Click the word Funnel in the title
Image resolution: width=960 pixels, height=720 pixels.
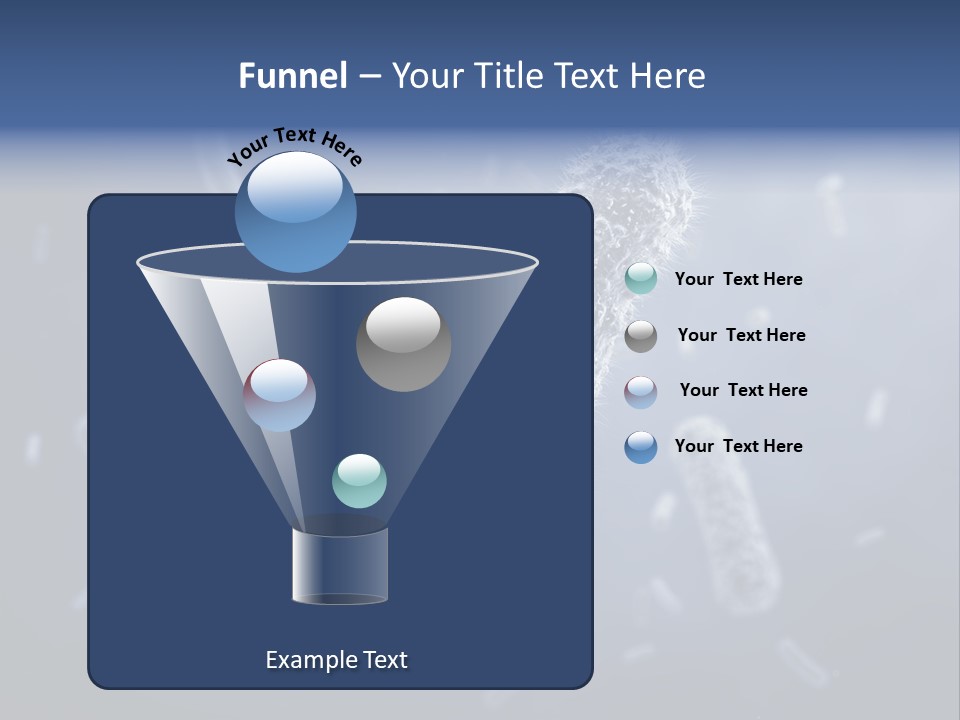pyautogui.click(x=293, y=76)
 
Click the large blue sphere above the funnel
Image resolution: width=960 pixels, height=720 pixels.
pyautogui.click(x=295, y=213)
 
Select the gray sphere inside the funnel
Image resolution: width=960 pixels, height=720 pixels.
pyautogui.click(x=403, y=345)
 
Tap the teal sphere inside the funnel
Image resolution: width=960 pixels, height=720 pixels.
pyautogui.click(x=359, y=481)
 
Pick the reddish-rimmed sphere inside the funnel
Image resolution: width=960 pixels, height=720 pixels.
pyautogui.click(x=279, y=395)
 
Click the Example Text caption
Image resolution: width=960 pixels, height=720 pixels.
pyautogui.click(x=336, y=660)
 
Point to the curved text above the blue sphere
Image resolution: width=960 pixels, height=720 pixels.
pyautogui.click(x=294, y=145)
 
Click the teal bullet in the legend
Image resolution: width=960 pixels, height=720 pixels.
pyautogui.click(x=640, y=279)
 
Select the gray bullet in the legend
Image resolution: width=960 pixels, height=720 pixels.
pyautogui.click(x=640, y=336)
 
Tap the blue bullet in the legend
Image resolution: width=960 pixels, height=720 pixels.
pyautogui.click(x=640, y=447)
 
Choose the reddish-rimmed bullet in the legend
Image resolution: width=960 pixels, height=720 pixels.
pyautogui.click(x=640, y=391)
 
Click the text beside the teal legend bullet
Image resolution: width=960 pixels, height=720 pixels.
pyautogui.click(x=738, y=280)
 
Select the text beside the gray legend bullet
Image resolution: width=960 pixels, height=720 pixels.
pyautogui.click(x=741, y=336)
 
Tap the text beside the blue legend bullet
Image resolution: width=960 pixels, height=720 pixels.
pyautogui.click(x=738, y=446)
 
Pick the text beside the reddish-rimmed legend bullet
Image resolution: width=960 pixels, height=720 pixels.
pyautogui.click(x=743, y=390)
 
